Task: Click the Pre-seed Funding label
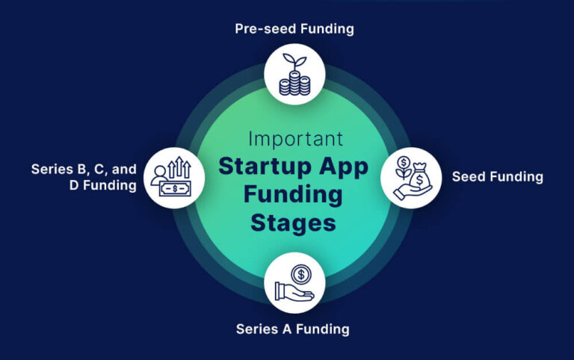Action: (293, 29)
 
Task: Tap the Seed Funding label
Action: (497, 177)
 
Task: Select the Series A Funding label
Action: (293, 329)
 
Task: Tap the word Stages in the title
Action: (293, 223)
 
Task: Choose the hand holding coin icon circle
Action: (294, 282)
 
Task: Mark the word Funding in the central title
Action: (293, 195)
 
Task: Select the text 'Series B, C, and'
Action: (84, 169)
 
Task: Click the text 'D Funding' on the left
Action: (103, 185)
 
